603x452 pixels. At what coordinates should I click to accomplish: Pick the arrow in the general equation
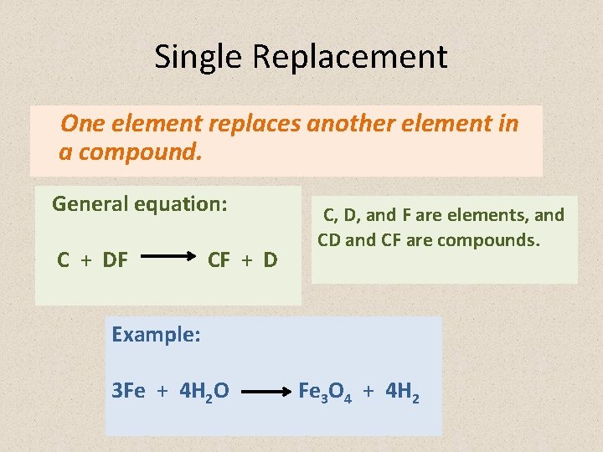pyautogui.click(x=167, y=259)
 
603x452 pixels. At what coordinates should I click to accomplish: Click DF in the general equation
pyautogui.click(x=115, y=260)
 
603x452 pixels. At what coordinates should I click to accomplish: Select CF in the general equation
pyautogui.click(x=219, y=260)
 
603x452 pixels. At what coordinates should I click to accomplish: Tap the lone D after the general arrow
pyautogui.click(x=270, y=260)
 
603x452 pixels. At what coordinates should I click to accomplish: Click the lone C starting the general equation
pyautogui.click(x=64, y=260)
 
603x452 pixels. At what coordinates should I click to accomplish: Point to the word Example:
pyautogui.click(x=156, y=335)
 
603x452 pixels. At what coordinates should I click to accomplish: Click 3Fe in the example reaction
pyautogui.click(x=128, y=390)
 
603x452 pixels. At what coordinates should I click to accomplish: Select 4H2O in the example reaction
pyautogui.click(x=204, y=391)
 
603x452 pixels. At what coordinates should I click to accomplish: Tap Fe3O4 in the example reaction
pyautogui.click(x=325, y=391)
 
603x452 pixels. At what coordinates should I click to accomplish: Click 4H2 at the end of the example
pyautogui.click(x=401, y=391)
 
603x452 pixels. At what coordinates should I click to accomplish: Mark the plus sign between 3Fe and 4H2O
pyautogui.click(x=162, y=391)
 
